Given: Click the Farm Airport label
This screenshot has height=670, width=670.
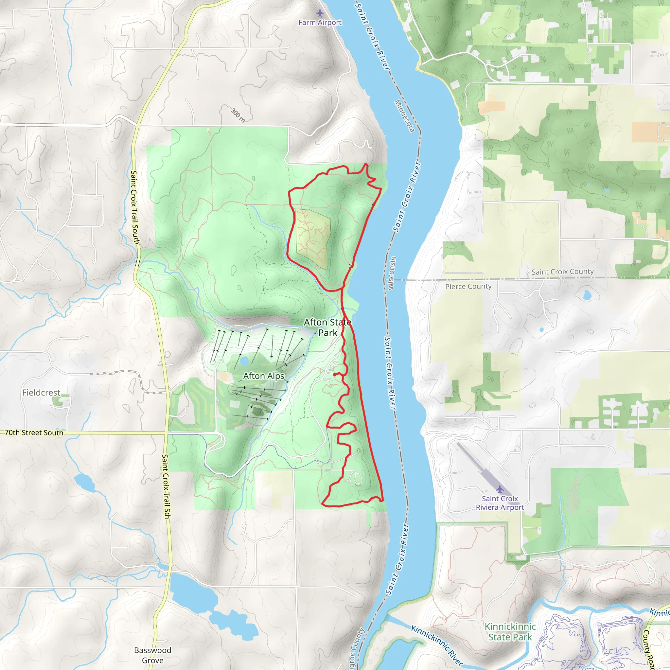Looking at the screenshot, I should pyautogui.click(x=320, y=23).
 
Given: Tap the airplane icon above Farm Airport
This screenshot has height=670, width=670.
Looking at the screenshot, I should pyautogui.click(x=320, y=13).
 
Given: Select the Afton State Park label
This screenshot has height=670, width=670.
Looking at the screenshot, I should pyautogui.click(x=328, y=327).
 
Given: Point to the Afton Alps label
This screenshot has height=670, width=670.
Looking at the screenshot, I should pyautogui.click(x=264, y=376).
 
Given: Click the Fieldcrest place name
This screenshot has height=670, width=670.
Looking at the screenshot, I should pyautogui.click(x=41, y=393).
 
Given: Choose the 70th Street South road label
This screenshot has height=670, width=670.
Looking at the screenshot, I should pyautogui.click(x=34, y=433).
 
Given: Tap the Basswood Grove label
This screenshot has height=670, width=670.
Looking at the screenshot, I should pyautogui.click(x=152, y=655).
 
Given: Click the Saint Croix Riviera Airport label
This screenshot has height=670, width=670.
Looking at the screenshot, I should pyautogui.click(x=500, y=503).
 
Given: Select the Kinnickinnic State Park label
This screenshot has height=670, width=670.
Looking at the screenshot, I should pyautogui.click(x=510, y=632).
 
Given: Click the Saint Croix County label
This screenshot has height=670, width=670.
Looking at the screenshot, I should pyautogui.click(x=562, y=272).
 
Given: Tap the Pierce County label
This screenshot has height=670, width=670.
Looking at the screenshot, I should pyautogui.click(x=468, y=287).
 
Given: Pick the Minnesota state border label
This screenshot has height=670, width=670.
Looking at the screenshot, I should pyautogui.click(x=404, y=116).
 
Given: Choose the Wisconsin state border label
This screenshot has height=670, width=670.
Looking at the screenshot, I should pyautogui.click(x=391, y=273).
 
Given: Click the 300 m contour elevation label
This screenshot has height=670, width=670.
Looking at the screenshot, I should pyautogui.click(x=238, y=115).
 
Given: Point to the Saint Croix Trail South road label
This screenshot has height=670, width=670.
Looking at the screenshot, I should pyautogui.click(x=135, y=207).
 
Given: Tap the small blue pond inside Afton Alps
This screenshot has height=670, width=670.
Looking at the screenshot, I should pyautogui.click(x=244, y=361).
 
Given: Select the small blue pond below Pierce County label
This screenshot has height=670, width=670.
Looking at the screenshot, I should pyautogui.click(x=587, y=295).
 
